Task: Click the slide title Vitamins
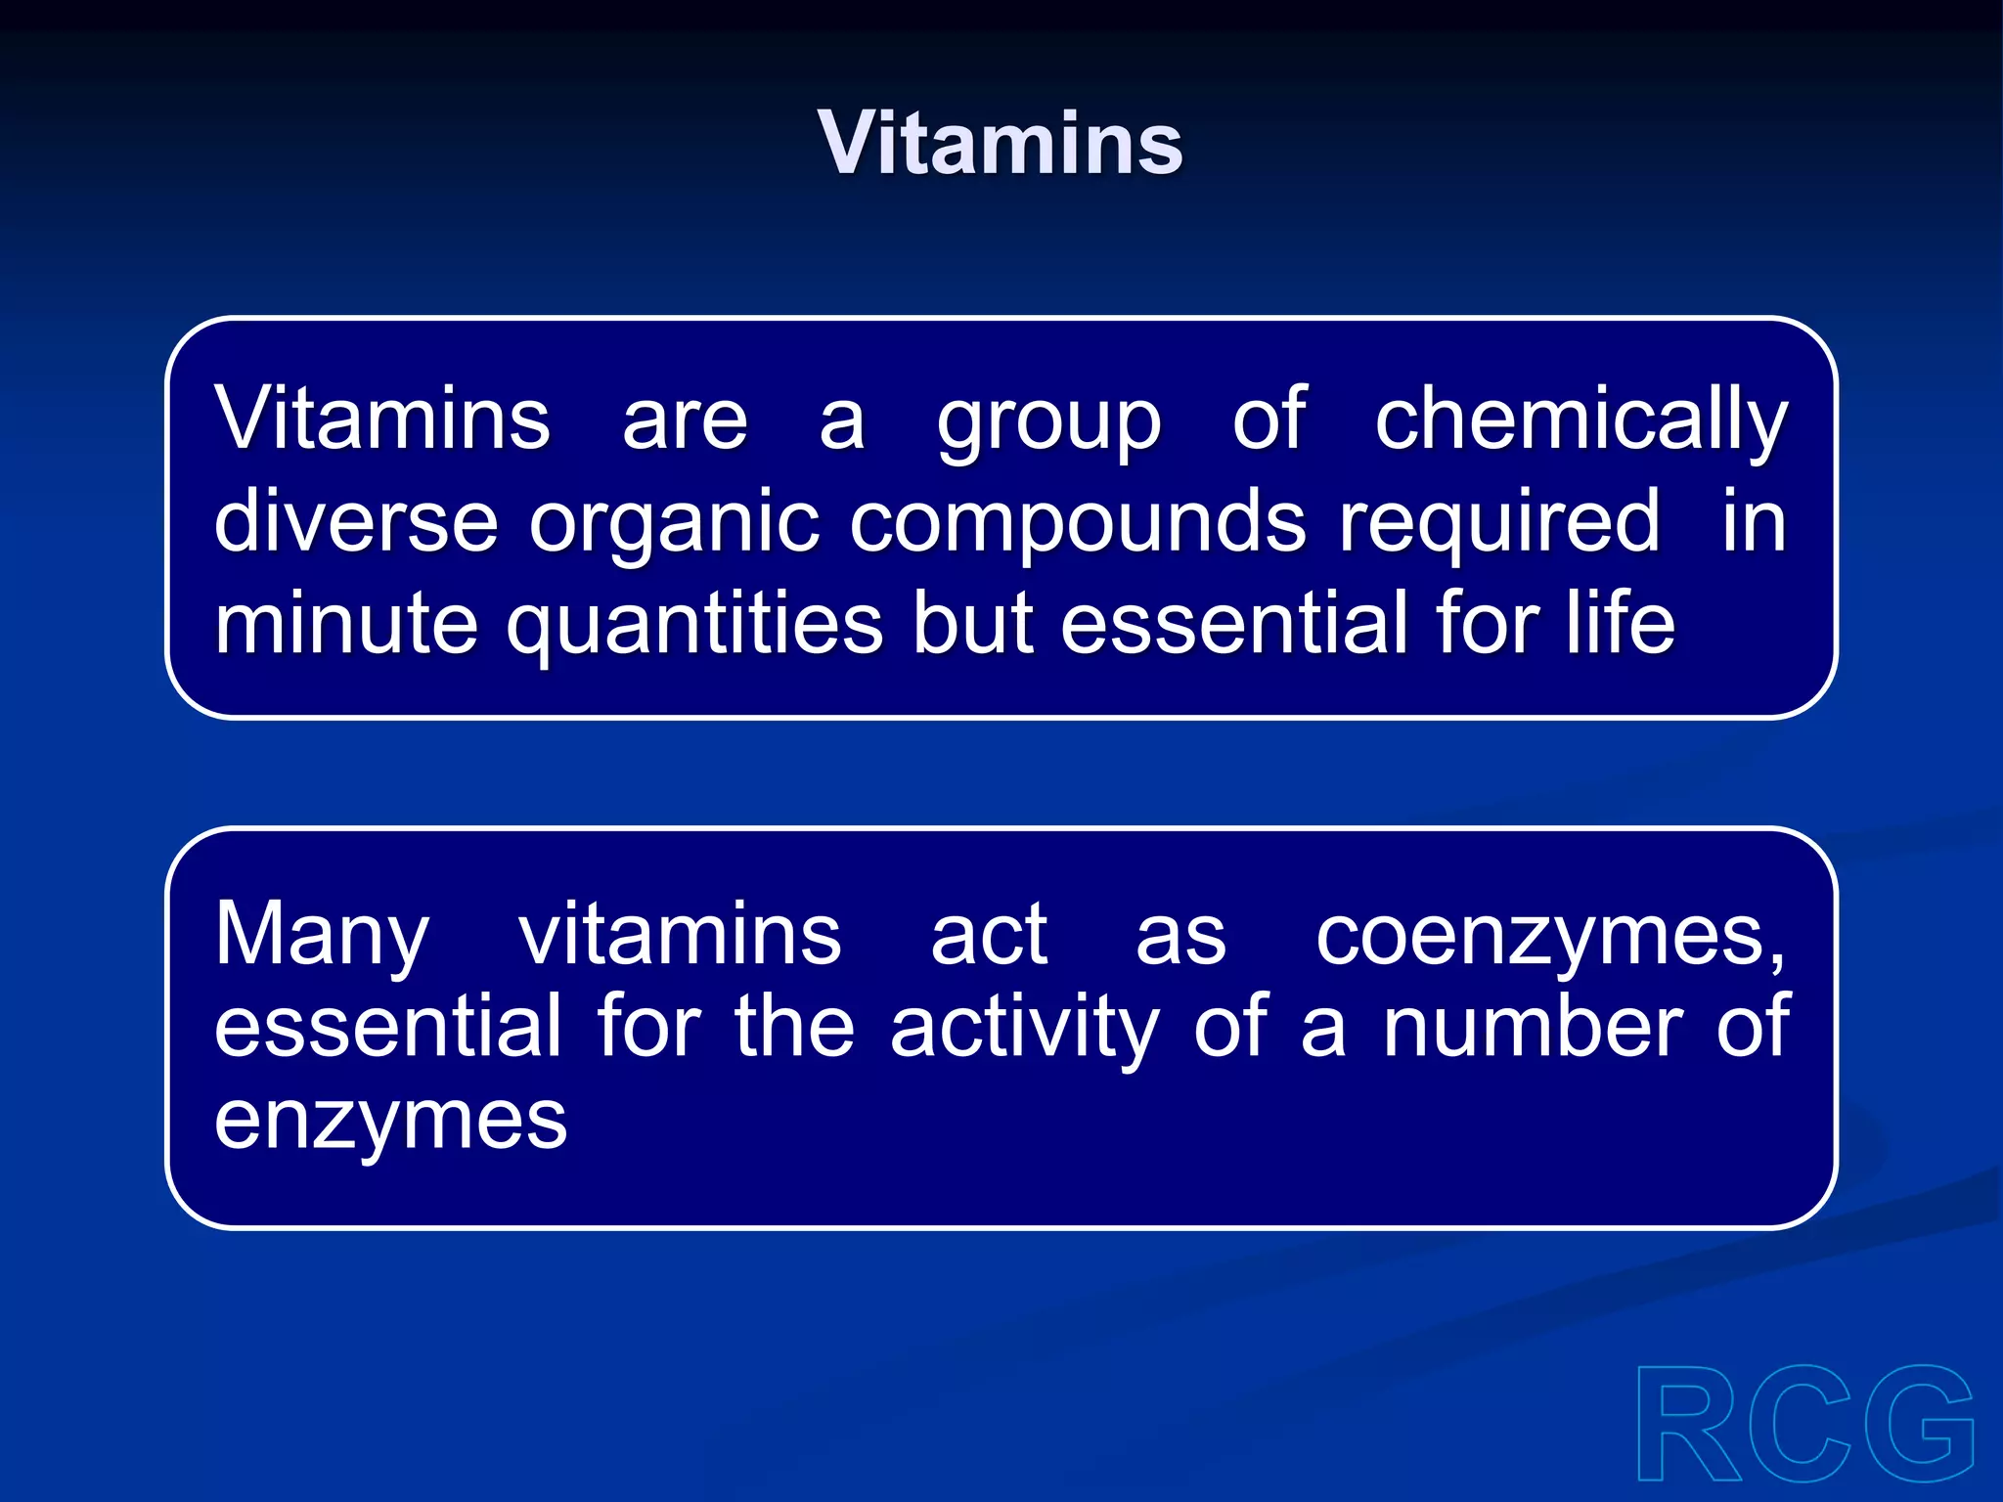click(x=1001, y=144)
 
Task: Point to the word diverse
click(x=356, y=521)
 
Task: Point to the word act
click(x=989, y=935)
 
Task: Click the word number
click(x=1533, y=1027)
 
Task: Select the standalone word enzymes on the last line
click(x=390, y=1122)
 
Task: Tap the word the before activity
click(x=794, y=1027)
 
